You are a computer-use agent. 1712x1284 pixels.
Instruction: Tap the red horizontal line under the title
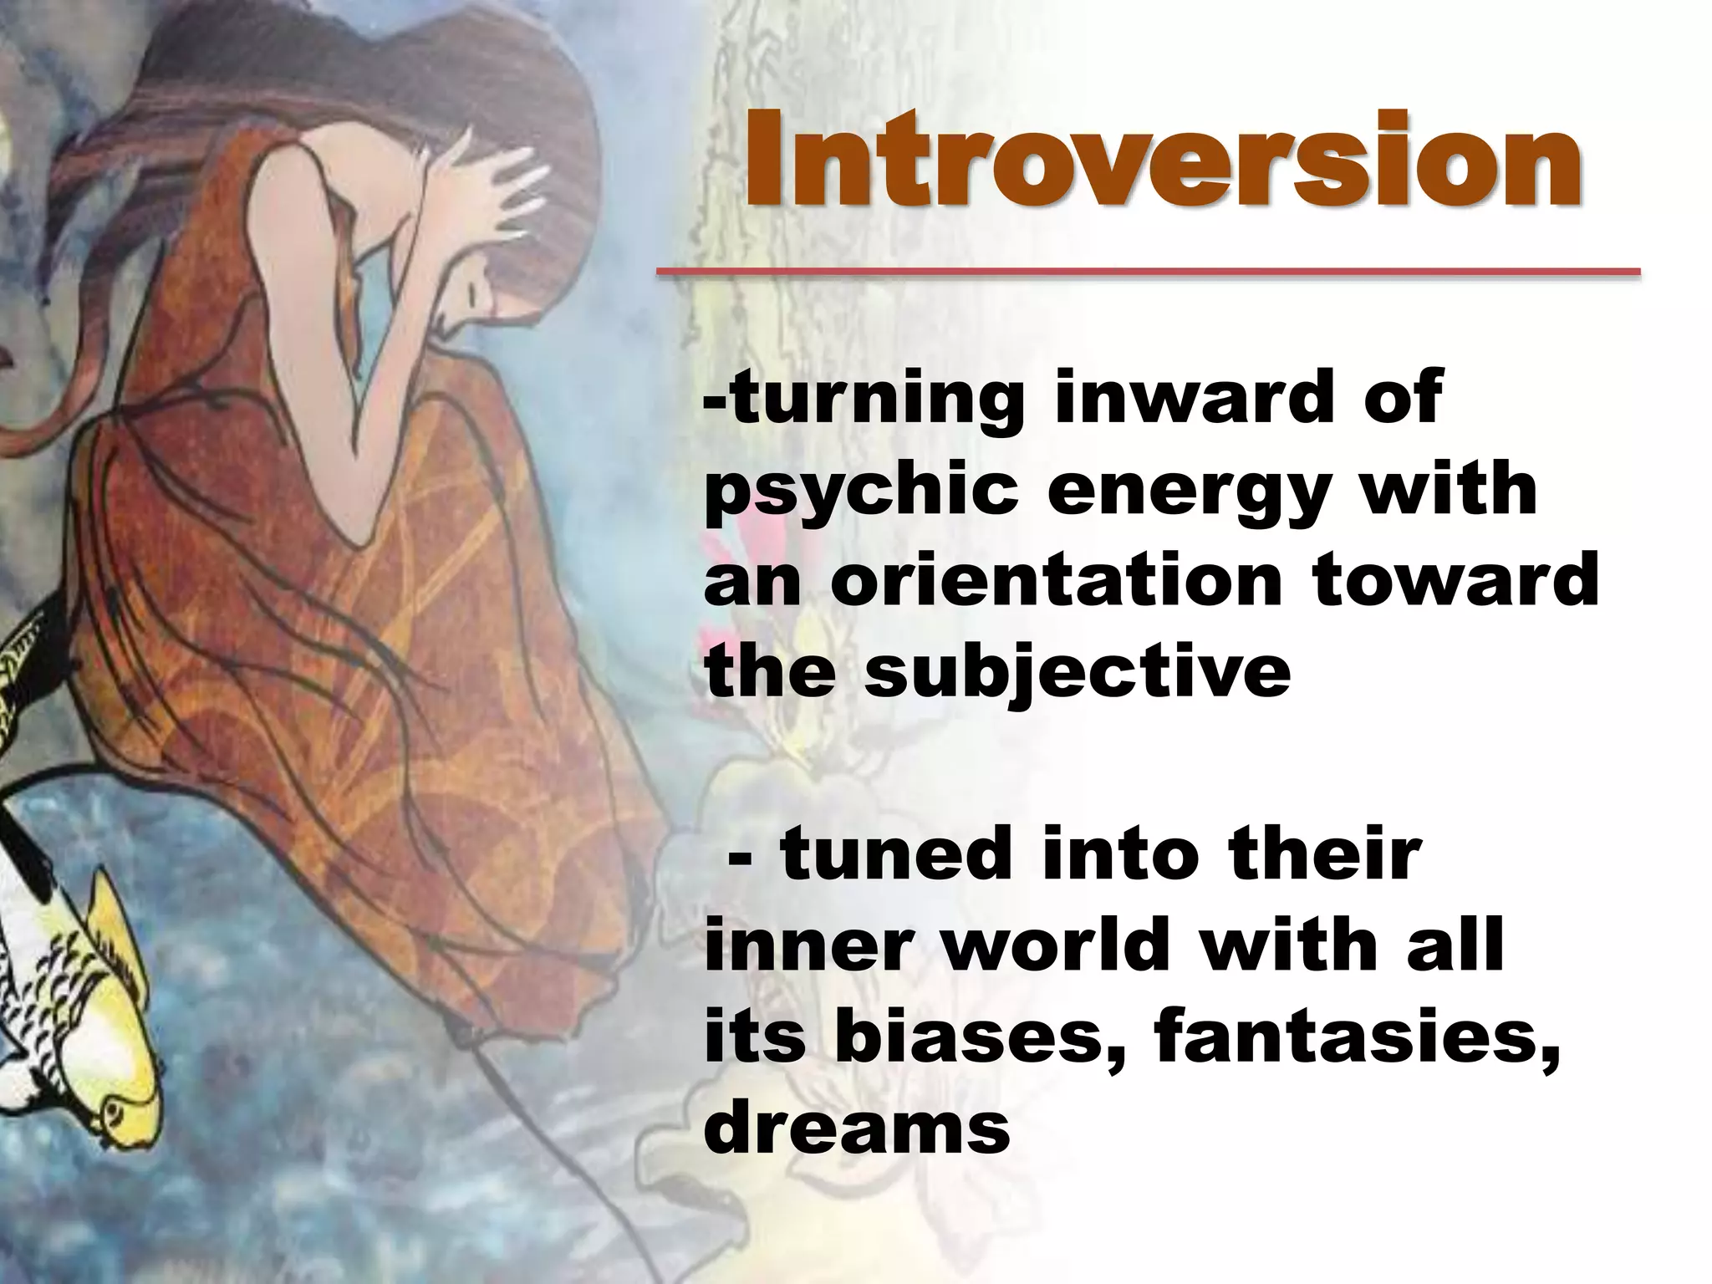(x=1147, y=272)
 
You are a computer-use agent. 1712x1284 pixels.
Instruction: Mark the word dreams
(x=857, y=1129)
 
